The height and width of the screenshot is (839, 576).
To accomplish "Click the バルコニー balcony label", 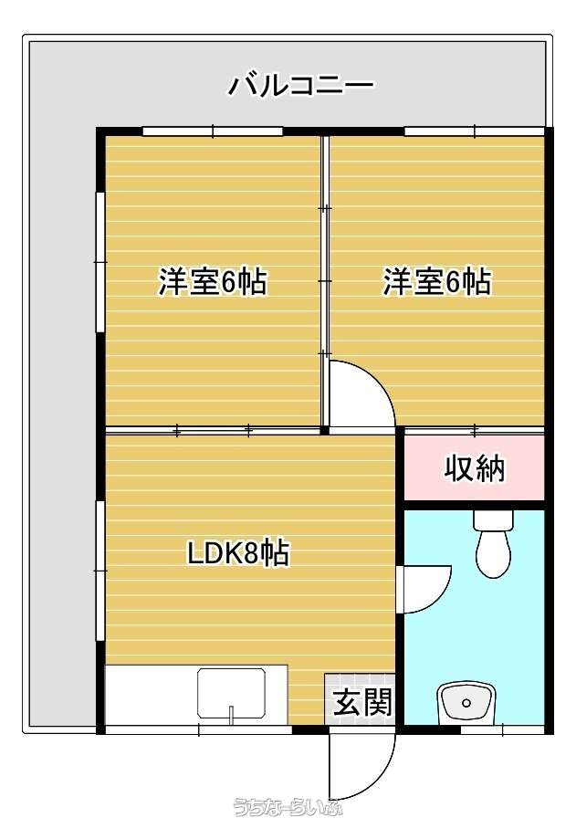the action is tap(301, 86).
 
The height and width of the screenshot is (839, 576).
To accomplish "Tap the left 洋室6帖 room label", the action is tap(213, 281).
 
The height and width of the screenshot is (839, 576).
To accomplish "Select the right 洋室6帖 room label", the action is tap(436, 281).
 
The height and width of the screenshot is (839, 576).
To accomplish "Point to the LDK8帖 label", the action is tap(238, 553).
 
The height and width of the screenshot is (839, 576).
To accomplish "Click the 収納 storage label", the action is tap(475, 468).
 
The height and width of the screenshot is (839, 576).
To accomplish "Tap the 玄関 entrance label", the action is tap(363, 702).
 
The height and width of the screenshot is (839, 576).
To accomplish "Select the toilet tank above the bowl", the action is tap(493, 519).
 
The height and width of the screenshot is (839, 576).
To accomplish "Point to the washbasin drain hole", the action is tap(466, 703).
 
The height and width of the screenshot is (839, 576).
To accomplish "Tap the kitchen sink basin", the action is tap(232, 694).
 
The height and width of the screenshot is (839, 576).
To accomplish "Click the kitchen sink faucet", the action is tap(232, 714).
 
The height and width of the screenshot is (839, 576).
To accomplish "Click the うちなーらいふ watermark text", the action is tap(288, 807).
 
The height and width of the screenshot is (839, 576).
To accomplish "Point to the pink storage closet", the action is tap(474, 467).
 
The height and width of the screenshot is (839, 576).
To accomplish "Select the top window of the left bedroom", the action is tap(213, 131).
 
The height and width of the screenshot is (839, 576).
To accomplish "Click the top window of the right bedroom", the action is tap(475, 131).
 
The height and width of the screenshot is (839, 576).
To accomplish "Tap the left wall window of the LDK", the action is tap(100, 571).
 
